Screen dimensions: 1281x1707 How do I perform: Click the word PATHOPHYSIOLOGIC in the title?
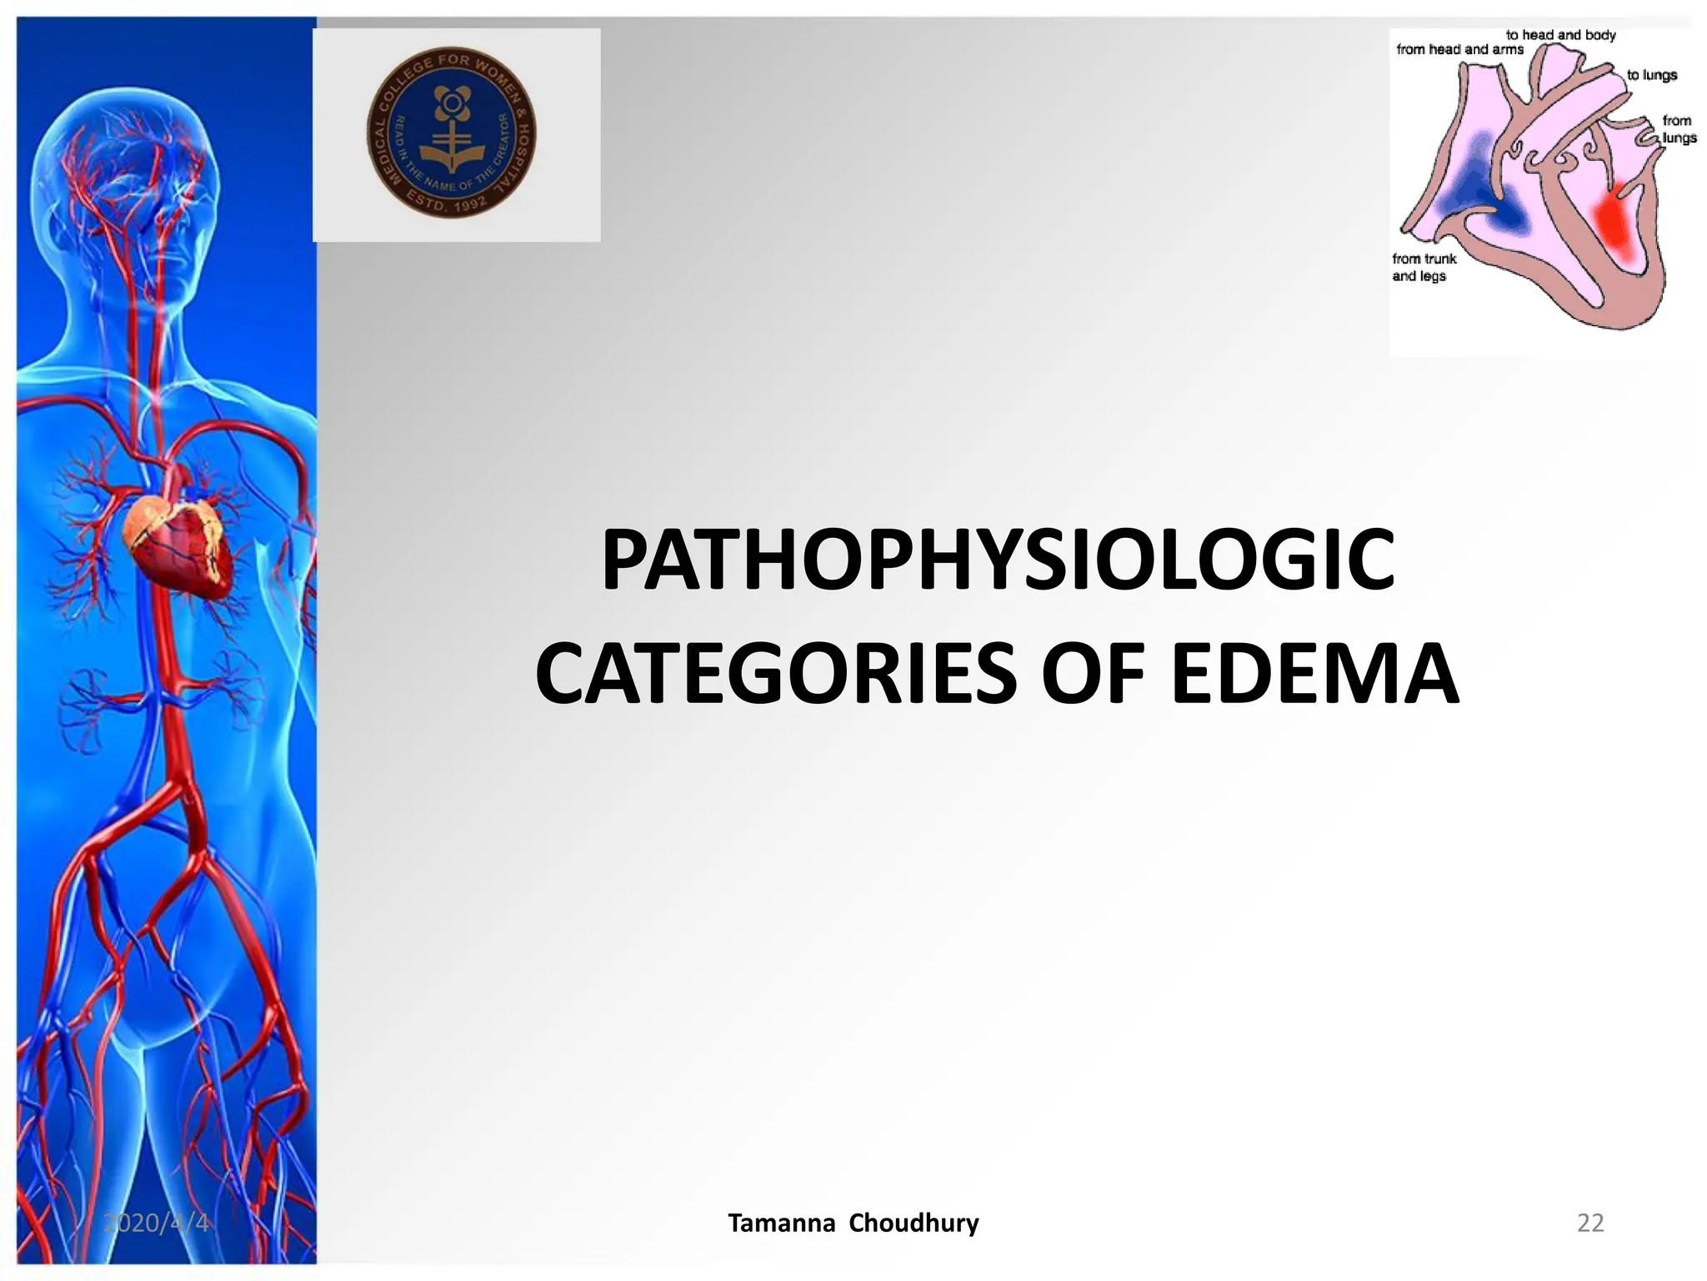coord(997,560)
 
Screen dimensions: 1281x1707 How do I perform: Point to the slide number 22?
coord(1590,1223)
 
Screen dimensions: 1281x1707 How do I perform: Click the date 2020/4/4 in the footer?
coord(156,1223)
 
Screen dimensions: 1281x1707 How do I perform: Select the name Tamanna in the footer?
coord(781,1223)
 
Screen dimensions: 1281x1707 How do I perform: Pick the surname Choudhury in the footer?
coord(914,1223)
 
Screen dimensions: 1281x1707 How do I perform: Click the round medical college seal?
coord(452,133)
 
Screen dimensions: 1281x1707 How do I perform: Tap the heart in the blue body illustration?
coord(177,542)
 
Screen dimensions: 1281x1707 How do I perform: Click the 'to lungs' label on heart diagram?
coord(1651,75)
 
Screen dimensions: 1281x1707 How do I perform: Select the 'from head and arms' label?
coord(1459,49)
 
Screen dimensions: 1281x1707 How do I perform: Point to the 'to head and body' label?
coord(1560,35)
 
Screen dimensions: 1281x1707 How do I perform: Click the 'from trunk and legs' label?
coord(1424,268)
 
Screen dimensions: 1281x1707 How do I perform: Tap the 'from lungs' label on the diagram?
coord(1678,129)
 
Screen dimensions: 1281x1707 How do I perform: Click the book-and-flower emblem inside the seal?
coord(451,133)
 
